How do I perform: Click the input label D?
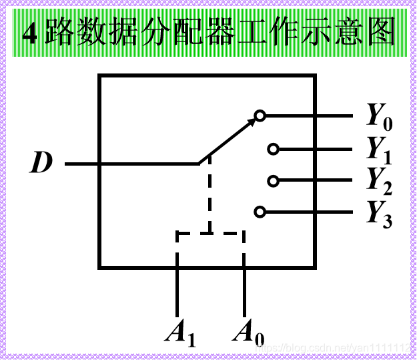click(x=41, y=163)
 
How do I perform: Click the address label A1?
click(x=180, y=333)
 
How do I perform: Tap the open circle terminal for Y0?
click(x=260, y=116)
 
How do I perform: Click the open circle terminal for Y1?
click(x=273, y=149)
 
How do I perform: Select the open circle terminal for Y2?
click(x=273, y=180)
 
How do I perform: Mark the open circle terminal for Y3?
click(x=260, y=212)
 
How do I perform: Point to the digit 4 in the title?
click(x=30, y=33)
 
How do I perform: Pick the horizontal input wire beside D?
click(x=133, y=163)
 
